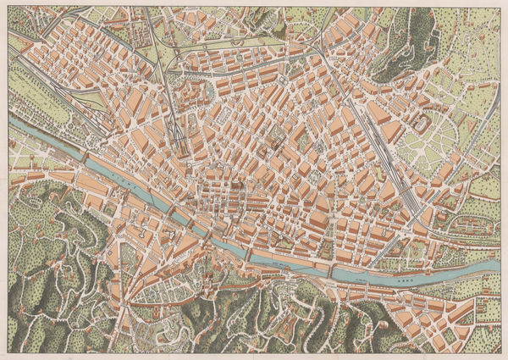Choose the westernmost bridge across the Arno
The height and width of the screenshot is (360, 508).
pyautogui.click(x=85, y=156)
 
